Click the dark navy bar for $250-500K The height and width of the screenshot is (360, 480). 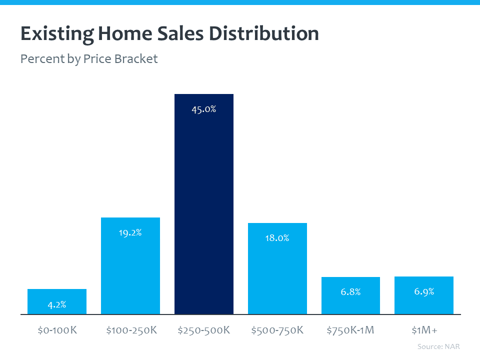pos(203,210)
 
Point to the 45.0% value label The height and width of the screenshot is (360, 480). pos(203,109)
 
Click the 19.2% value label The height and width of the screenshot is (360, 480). pos(130,232)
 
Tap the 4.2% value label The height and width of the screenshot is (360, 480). pos(57,304)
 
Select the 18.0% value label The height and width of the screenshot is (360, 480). pos(277,238)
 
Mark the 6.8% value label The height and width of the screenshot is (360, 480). pos(350,292)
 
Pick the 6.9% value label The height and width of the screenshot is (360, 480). pos(424,291)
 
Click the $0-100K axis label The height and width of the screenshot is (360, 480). pos(57,330)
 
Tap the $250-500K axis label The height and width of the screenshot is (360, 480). pos(203,330)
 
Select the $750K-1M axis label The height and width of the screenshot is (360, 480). pos(350,330)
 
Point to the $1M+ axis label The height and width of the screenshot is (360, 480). pos(424,330)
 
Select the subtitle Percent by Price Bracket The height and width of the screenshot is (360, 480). pos(89,59)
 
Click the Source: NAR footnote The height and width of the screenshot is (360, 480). pos(438,346)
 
